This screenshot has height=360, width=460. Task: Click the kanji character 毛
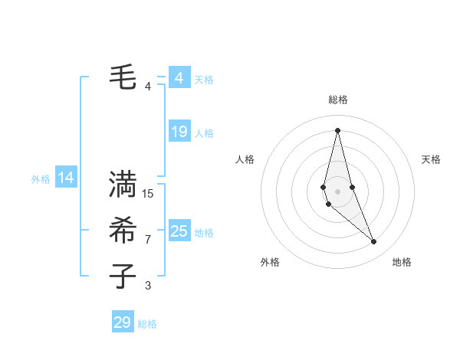point(123,77)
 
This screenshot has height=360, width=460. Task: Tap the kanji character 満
point(123,185)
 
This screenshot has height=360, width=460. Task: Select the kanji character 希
point(123,231)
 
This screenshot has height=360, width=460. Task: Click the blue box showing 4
point(179,78)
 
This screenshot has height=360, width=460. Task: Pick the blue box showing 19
point(179,132)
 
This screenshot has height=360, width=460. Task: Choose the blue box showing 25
point(179,231)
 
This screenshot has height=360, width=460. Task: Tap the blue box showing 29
point(123,322)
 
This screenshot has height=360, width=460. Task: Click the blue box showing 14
point(66,178)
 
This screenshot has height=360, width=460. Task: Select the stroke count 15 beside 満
point(148,194)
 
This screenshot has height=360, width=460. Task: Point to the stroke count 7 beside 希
point(148,240)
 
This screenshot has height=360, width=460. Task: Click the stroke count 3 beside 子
point(148,286)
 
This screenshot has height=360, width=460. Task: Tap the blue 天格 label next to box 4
point(204,79)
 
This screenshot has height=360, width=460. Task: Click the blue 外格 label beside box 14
point(41,179)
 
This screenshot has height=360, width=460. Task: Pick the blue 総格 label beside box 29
point(147,324)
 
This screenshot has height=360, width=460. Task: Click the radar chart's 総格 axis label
point(337,100)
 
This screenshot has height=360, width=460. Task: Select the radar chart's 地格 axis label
point(402,262)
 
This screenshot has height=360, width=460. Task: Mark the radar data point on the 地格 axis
point(374,242)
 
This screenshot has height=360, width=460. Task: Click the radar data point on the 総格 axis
point(337,129)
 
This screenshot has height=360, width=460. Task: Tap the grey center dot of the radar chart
point(337,191)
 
